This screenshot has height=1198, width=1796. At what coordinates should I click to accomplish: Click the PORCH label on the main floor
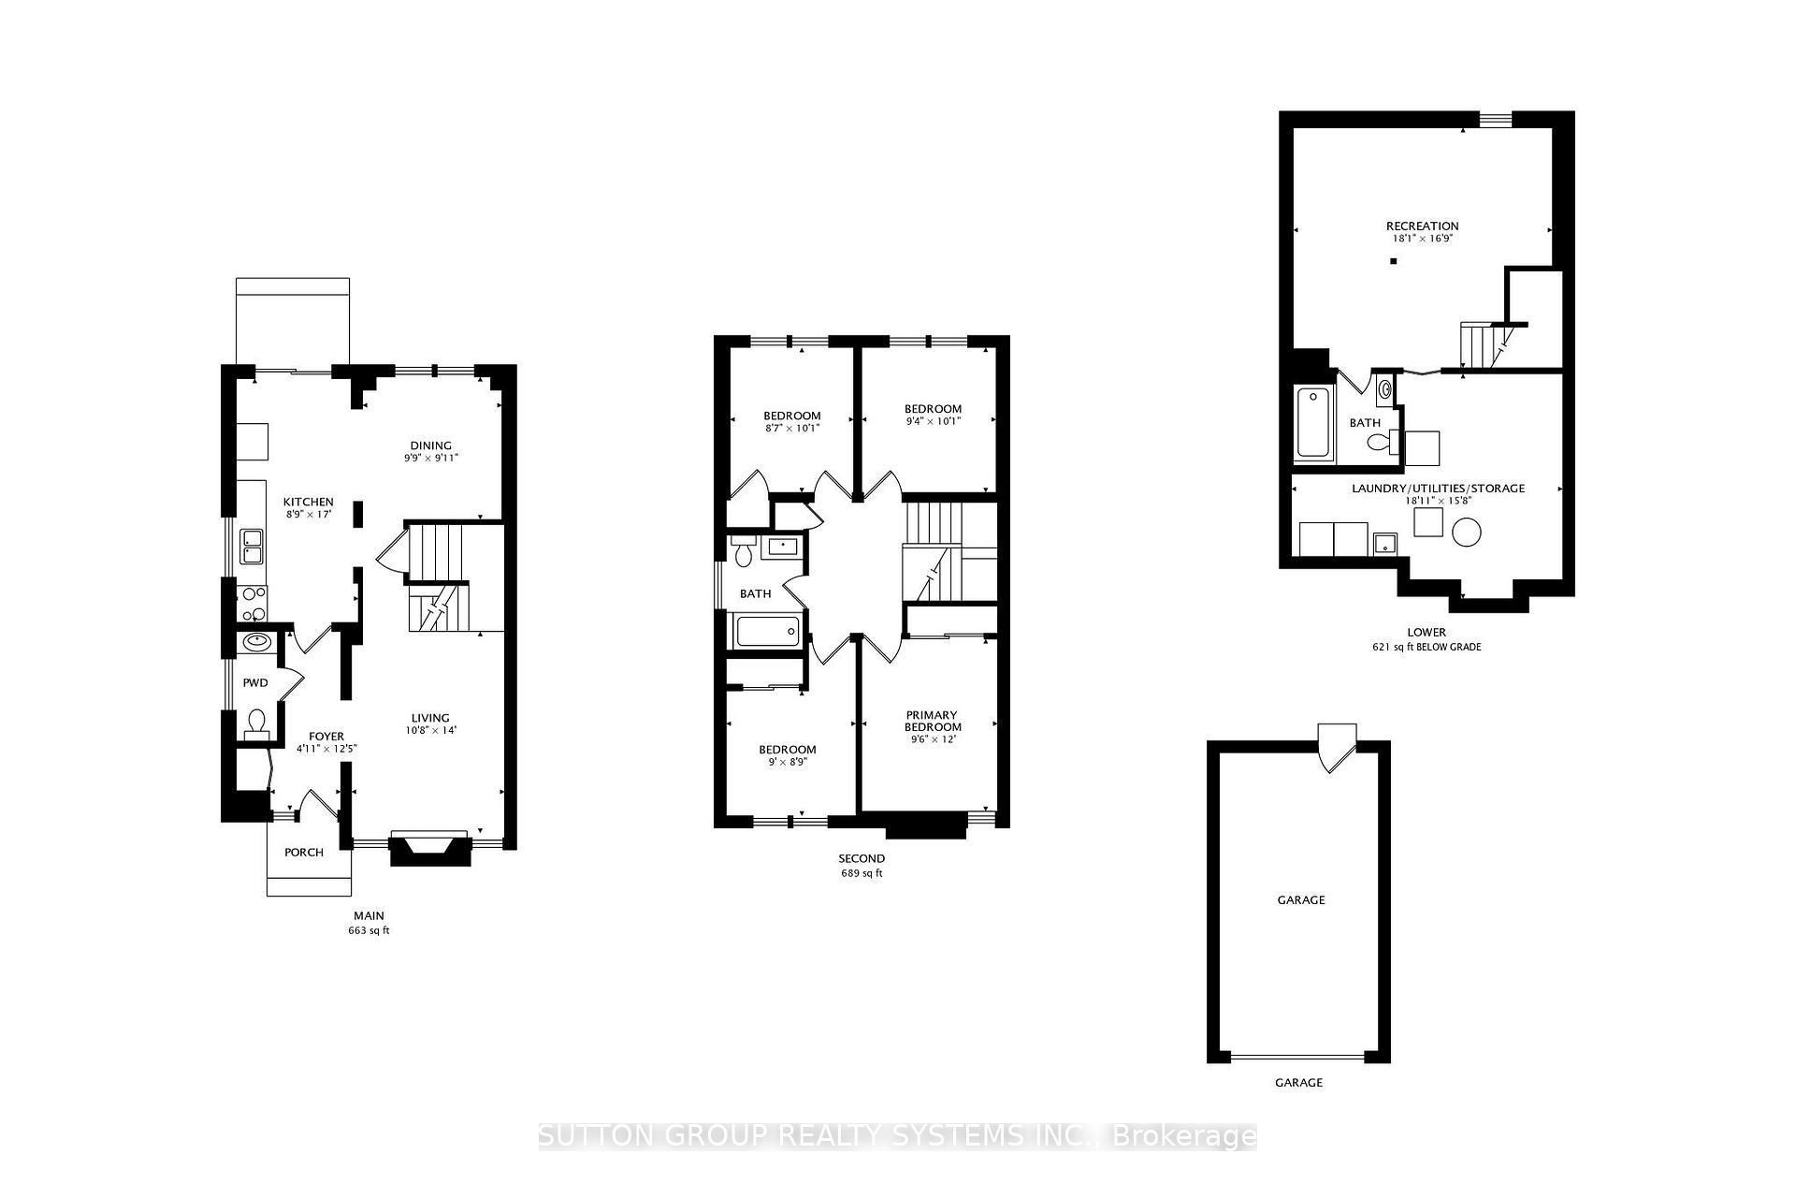304,853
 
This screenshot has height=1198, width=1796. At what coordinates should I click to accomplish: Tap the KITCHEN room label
309,503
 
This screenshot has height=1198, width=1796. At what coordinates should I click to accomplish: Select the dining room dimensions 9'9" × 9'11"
430,459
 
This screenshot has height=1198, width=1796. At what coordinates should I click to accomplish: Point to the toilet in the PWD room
255,722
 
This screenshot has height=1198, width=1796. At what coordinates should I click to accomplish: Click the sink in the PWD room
255,643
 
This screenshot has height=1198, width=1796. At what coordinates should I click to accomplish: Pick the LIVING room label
430,718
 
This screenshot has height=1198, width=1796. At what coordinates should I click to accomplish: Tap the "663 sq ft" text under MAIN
369,931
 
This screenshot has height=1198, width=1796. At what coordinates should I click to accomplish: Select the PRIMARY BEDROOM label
933,721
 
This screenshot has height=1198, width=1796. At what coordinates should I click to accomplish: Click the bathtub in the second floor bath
767,632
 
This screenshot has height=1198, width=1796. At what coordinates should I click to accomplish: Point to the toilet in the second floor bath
745,554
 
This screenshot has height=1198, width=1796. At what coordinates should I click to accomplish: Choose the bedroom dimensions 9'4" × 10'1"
933,421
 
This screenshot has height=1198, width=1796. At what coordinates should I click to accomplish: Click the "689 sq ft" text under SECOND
862,874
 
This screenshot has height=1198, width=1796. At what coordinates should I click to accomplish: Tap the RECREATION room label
1422,226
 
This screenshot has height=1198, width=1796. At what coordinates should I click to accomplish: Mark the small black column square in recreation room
1393,261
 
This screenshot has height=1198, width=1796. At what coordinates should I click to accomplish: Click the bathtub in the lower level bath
1314,423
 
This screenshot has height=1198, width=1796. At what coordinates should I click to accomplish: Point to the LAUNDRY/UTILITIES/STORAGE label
1438,489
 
